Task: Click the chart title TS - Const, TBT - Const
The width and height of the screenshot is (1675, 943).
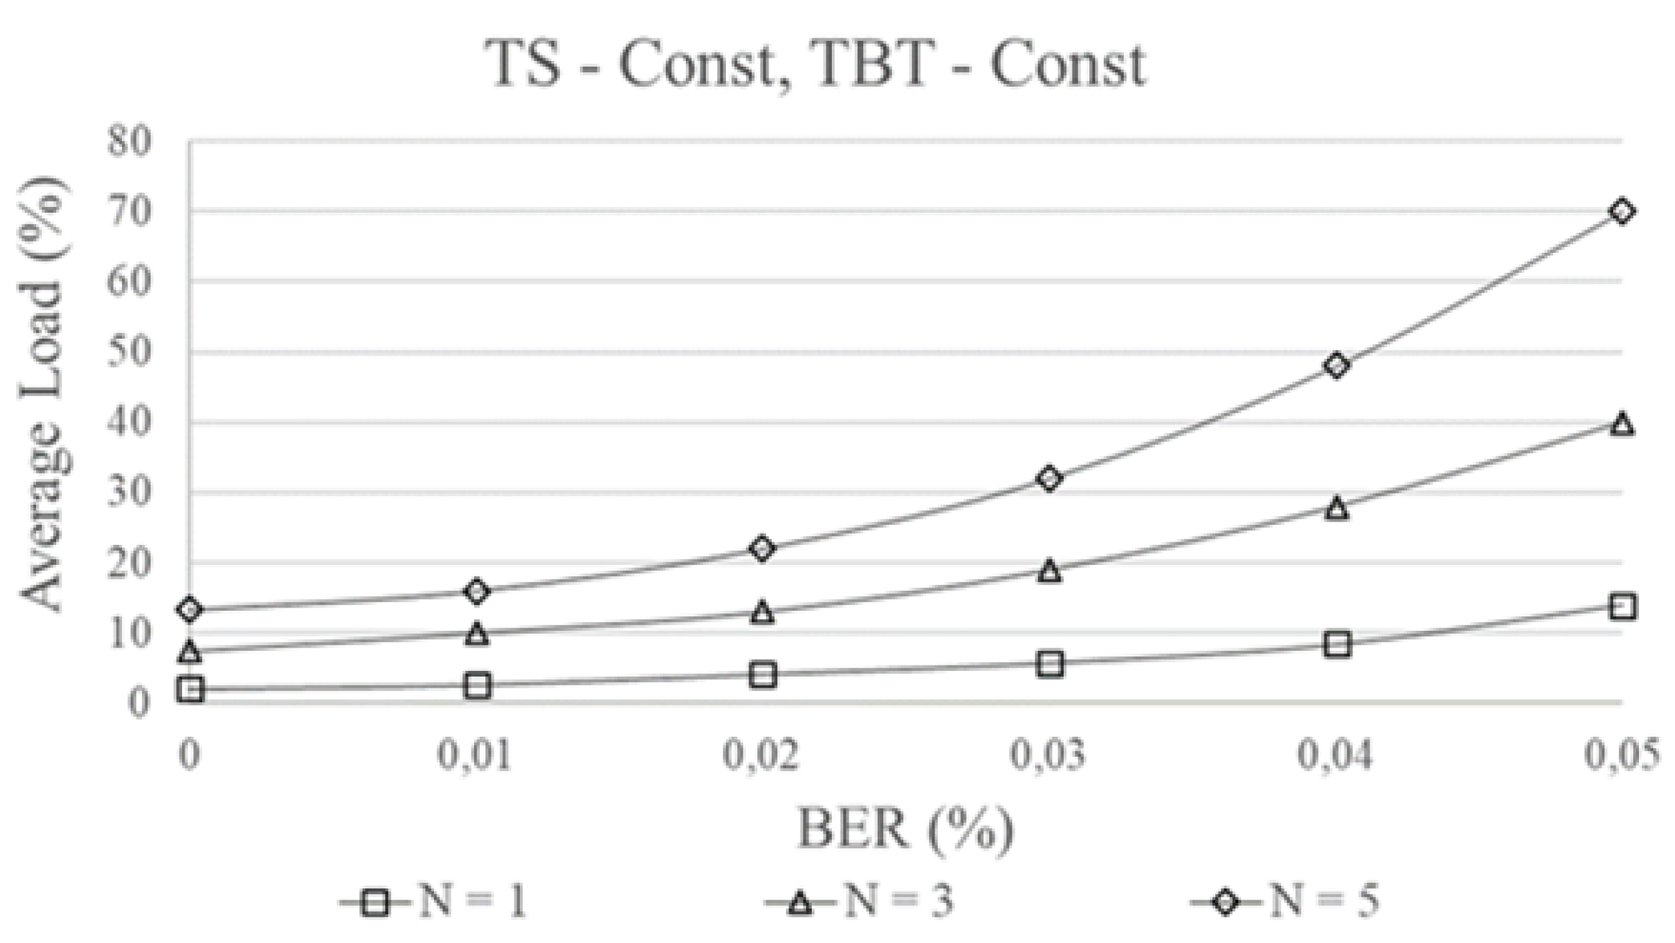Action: coord(817,64)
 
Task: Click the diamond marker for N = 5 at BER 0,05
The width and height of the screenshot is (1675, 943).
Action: coord(1621,212)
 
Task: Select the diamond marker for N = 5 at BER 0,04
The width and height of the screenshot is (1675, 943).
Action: coord(1336,365)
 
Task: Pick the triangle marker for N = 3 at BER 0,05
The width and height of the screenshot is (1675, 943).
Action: coord(1621,424)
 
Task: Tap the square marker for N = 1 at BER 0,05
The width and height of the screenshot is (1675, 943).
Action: coord(1621,606)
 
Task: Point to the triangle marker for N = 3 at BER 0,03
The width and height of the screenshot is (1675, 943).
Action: coord(1049,571)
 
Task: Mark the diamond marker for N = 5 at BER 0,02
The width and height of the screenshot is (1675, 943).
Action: coord(762,549)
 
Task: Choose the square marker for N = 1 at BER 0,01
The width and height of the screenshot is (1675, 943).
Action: coord(477,685)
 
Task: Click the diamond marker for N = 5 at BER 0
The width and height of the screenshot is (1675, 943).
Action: coord(190,609)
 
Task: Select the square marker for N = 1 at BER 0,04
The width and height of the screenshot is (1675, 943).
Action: coord(1336,644)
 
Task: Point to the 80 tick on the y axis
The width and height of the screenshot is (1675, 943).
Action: coord(128,142)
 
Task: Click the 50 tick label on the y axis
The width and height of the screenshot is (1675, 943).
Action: coord(128,352)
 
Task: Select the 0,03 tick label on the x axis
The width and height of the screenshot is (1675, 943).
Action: coord(1048,755)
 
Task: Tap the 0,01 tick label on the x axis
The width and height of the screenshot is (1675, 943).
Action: coord(475,755)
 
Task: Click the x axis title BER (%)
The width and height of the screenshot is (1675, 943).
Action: coord(905,829)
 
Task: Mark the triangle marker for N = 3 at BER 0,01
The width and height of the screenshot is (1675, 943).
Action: coord(477,634)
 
